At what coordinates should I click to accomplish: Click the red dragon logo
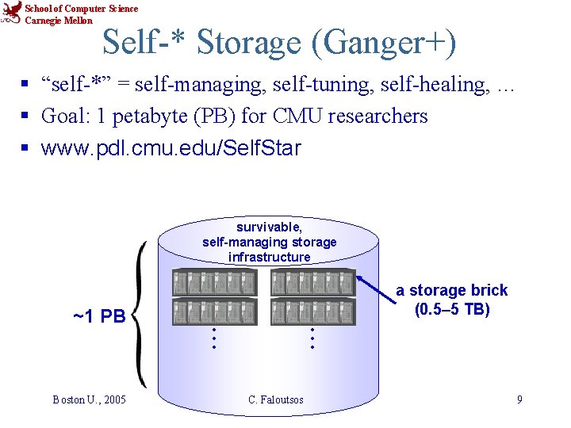pos(12,13)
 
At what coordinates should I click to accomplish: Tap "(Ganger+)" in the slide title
pos(385,43)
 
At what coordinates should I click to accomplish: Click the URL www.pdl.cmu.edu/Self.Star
pos(171,147)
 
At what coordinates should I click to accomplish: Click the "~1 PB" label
pos(99,317)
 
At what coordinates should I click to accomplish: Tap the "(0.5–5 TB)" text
pos(451,309)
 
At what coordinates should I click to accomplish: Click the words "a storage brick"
pos(451,291)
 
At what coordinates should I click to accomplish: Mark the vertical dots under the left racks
pos(213,339)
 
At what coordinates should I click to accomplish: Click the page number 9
pos(519,399)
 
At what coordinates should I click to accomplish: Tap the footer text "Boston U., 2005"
pos(90,399)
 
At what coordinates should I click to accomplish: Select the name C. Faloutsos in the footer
pos(276,399)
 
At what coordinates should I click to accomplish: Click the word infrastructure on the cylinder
pos(270,257)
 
